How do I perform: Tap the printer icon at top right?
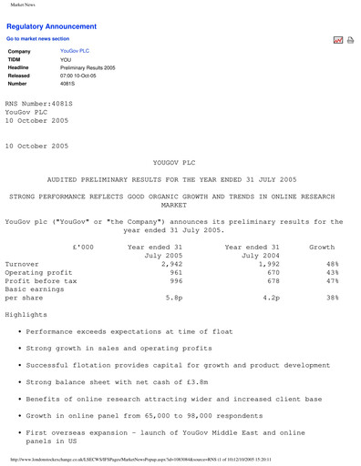tap(350, 40)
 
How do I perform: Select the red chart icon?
tap(337, 40)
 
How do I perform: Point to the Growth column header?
tap(322, 248)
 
